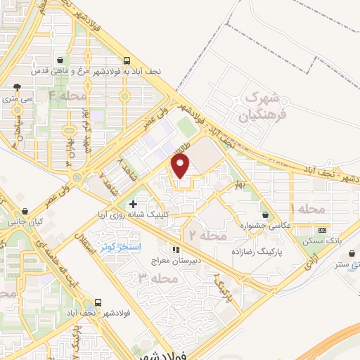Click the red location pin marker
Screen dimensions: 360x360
[181, 168]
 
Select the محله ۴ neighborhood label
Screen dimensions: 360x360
[67, 95]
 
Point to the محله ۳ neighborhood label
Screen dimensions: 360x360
[154, 278]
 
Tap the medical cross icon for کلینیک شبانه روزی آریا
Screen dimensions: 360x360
[133, 204]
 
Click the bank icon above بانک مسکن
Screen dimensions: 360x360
[323, 230]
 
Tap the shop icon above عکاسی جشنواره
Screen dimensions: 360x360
[265, 214]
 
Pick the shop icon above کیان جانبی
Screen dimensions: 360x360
[25, 210]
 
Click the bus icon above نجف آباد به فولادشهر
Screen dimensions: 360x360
[126, 60]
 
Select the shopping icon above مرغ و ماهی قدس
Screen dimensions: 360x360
[66, 60]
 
